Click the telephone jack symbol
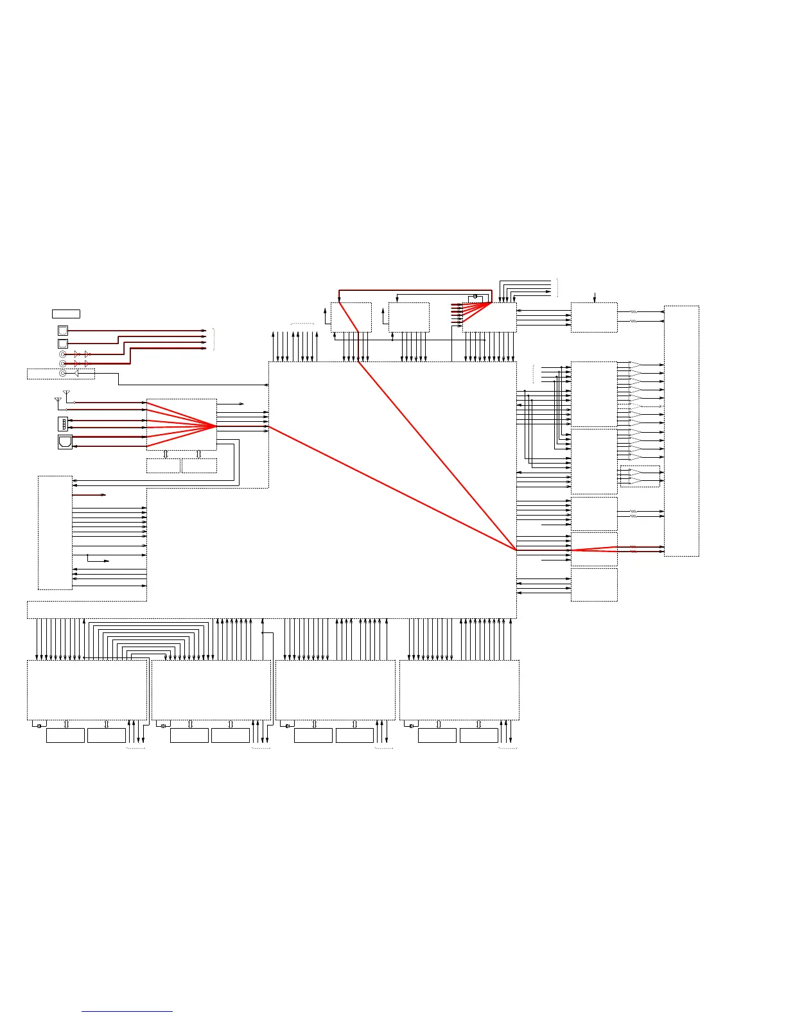65,442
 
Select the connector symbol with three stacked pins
64,424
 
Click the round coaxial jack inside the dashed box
62,373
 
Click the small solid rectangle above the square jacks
66,313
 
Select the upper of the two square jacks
63,331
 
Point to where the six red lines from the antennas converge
215,425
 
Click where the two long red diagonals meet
516,550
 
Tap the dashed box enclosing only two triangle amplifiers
640,476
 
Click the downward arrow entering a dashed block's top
595,297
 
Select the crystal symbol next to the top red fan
475,296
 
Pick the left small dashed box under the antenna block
163,465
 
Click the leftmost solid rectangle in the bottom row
65,735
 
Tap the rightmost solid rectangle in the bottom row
478,735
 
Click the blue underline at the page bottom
127,1011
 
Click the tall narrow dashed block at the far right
681,431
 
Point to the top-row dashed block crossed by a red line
351,317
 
